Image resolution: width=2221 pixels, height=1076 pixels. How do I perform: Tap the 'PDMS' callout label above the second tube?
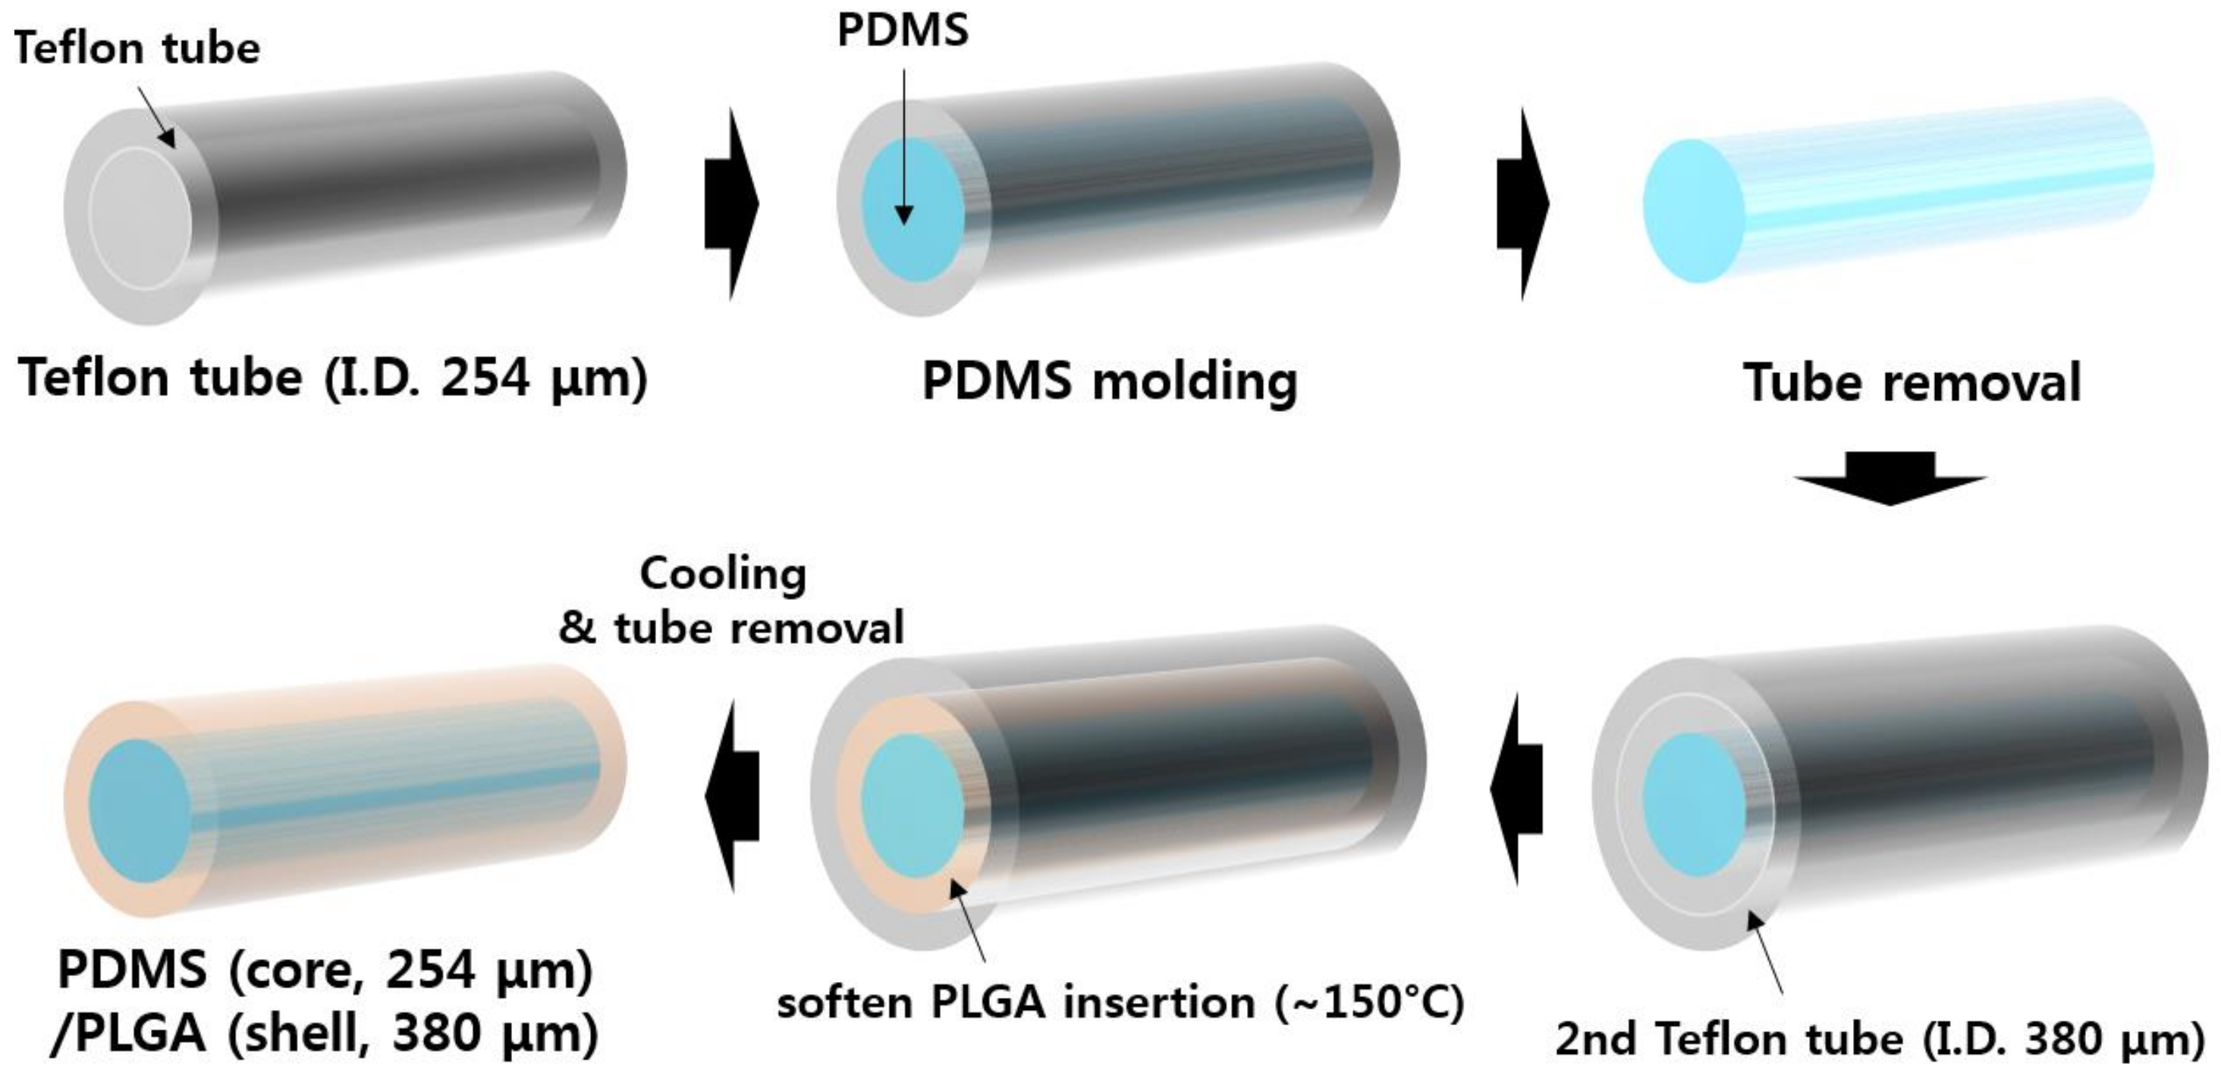(903, 31)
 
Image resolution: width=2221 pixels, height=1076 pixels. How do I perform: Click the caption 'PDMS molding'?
(1110, 381)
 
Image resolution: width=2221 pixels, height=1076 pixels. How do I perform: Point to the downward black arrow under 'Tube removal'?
(1890, 479)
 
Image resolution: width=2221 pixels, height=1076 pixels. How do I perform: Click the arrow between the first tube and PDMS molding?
(731, 204)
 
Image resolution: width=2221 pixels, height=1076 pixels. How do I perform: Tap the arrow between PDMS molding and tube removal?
(1522, 204)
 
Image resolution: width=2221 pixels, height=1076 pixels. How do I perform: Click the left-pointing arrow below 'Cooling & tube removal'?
(731, 795)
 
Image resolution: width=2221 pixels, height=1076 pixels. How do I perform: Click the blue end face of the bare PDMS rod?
(1693, 212)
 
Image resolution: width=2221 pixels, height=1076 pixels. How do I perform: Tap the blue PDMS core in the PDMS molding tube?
(914, 209)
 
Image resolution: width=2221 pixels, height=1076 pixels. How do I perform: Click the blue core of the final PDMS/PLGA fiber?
(140, 811)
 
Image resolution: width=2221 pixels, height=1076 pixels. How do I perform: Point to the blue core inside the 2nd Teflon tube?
(1695, 805)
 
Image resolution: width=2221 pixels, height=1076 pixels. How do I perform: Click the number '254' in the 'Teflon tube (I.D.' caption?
(485, 378)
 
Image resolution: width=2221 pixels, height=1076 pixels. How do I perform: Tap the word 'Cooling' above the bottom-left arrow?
(723, 574)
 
